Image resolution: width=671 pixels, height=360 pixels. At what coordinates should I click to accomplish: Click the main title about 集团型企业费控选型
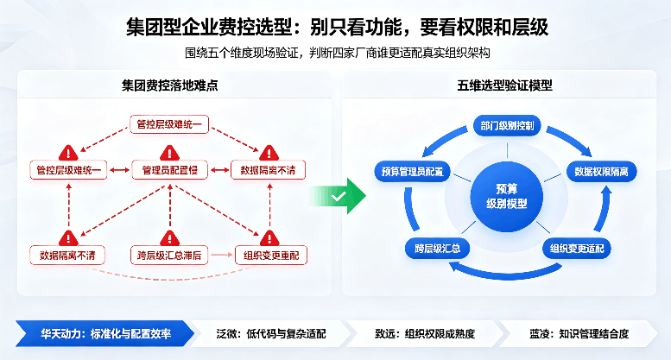click(x=337, y=27)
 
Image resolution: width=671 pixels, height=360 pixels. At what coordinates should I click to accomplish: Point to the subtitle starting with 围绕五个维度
click(x=337, y=53)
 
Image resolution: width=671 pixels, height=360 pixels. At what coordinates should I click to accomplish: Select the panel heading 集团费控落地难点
click(x=170, y=85)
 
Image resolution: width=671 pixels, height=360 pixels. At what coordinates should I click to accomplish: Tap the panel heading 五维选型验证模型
click(x=504, y=85)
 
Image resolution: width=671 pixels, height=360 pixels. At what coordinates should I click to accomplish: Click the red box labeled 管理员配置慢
click(x=170, y=170)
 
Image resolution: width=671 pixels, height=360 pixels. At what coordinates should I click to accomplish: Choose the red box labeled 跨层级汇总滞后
click(x=169, y=256)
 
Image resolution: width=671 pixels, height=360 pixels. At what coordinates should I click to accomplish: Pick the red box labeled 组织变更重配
click(x=271, y=256)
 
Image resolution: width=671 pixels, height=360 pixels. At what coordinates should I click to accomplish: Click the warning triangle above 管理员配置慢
click(x=170, y=153)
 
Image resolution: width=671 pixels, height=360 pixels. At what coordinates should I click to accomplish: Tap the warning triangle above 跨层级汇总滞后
click(x=170, y=238)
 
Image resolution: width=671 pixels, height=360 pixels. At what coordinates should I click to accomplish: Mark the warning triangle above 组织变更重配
click(x=269, y=238)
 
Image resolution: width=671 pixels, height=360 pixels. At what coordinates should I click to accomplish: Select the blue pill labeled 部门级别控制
click(x=507, y=126)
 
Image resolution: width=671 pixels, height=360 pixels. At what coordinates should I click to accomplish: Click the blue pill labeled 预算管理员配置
click(x=413, y=172)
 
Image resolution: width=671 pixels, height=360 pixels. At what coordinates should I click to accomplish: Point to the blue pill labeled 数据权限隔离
click(x=601, y=172)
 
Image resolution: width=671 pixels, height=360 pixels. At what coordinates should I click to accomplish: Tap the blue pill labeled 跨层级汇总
click(x=437, y=249)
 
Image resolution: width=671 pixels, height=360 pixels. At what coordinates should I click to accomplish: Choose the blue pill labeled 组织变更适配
click(x=577, y=249)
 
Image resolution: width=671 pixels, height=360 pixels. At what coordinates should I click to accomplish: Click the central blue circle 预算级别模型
click(x=507, y=197)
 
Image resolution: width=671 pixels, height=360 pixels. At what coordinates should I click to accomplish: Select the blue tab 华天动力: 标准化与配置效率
click(x=105, y=333)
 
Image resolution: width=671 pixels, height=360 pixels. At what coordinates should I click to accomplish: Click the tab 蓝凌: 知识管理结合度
click(x=579, y=333)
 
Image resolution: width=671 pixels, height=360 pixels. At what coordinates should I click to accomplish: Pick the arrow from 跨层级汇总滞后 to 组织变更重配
click(x=222, y=256)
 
